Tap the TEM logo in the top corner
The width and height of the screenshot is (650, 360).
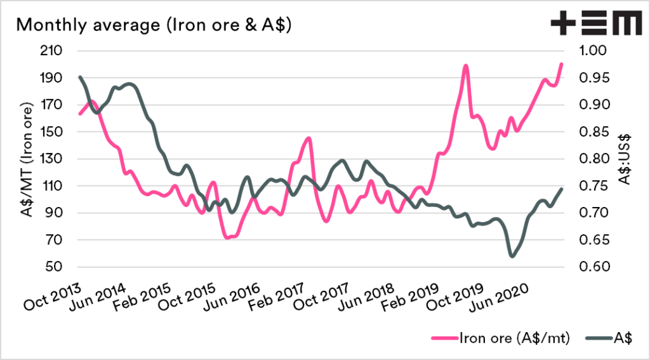point(595,25)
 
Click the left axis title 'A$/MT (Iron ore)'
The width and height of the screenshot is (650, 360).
point(27,159)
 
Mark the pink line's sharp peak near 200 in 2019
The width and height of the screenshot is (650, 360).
point(465,65)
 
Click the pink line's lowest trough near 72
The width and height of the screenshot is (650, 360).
point(227,237)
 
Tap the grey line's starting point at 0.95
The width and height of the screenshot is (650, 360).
point(80,77)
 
